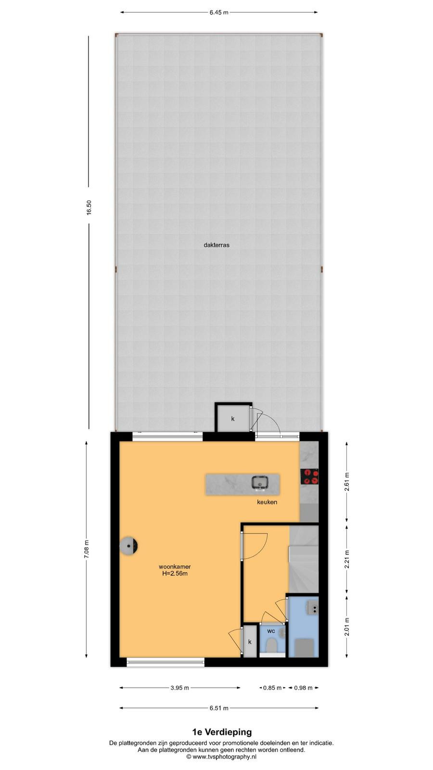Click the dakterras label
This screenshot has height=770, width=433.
(x=216, y=245)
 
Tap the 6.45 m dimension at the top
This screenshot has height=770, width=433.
(x=219, y=13)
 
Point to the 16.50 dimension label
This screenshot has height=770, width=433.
(x=89, y=207)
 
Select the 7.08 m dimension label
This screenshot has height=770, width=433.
(x=87, y=549)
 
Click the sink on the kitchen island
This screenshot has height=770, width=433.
(x=260, y=482)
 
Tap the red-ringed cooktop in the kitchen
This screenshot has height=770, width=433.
(x=310, y=477)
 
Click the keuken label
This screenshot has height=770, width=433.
(x=267, y=502)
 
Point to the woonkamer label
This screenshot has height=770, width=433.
(x=175, y=566)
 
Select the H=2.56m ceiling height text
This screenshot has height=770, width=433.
(x=175, y=573)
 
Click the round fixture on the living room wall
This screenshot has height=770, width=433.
(x=128, y=546)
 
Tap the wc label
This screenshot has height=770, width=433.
(x=271, y=631)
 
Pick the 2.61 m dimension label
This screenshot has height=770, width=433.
(x=347, y=482)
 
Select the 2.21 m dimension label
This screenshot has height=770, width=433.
(x=347, y=559)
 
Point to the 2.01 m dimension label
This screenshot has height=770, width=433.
(x=347, y=627)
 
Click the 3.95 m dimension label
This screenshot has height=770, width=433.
(x=180, y=688)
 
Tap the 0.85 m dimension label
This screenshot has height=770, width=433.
(x=272, y=688)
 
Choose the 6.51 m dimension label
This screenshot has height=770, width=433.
(x=219, y=708)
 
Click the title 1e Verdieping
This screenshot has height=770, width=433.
(x=222, y=732)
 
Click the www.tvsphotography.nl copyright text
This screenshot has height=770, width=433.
(x=222, y=757)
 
